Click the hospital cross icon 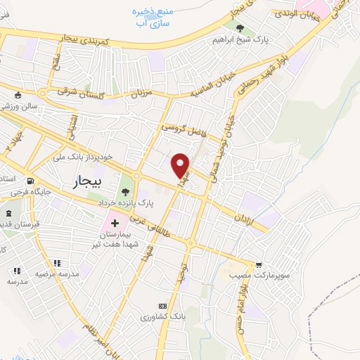[x=115, y=223]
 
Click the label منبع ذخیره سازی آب [x=153, y=18]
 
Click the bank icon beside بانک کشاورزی [x=163, y=306]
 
